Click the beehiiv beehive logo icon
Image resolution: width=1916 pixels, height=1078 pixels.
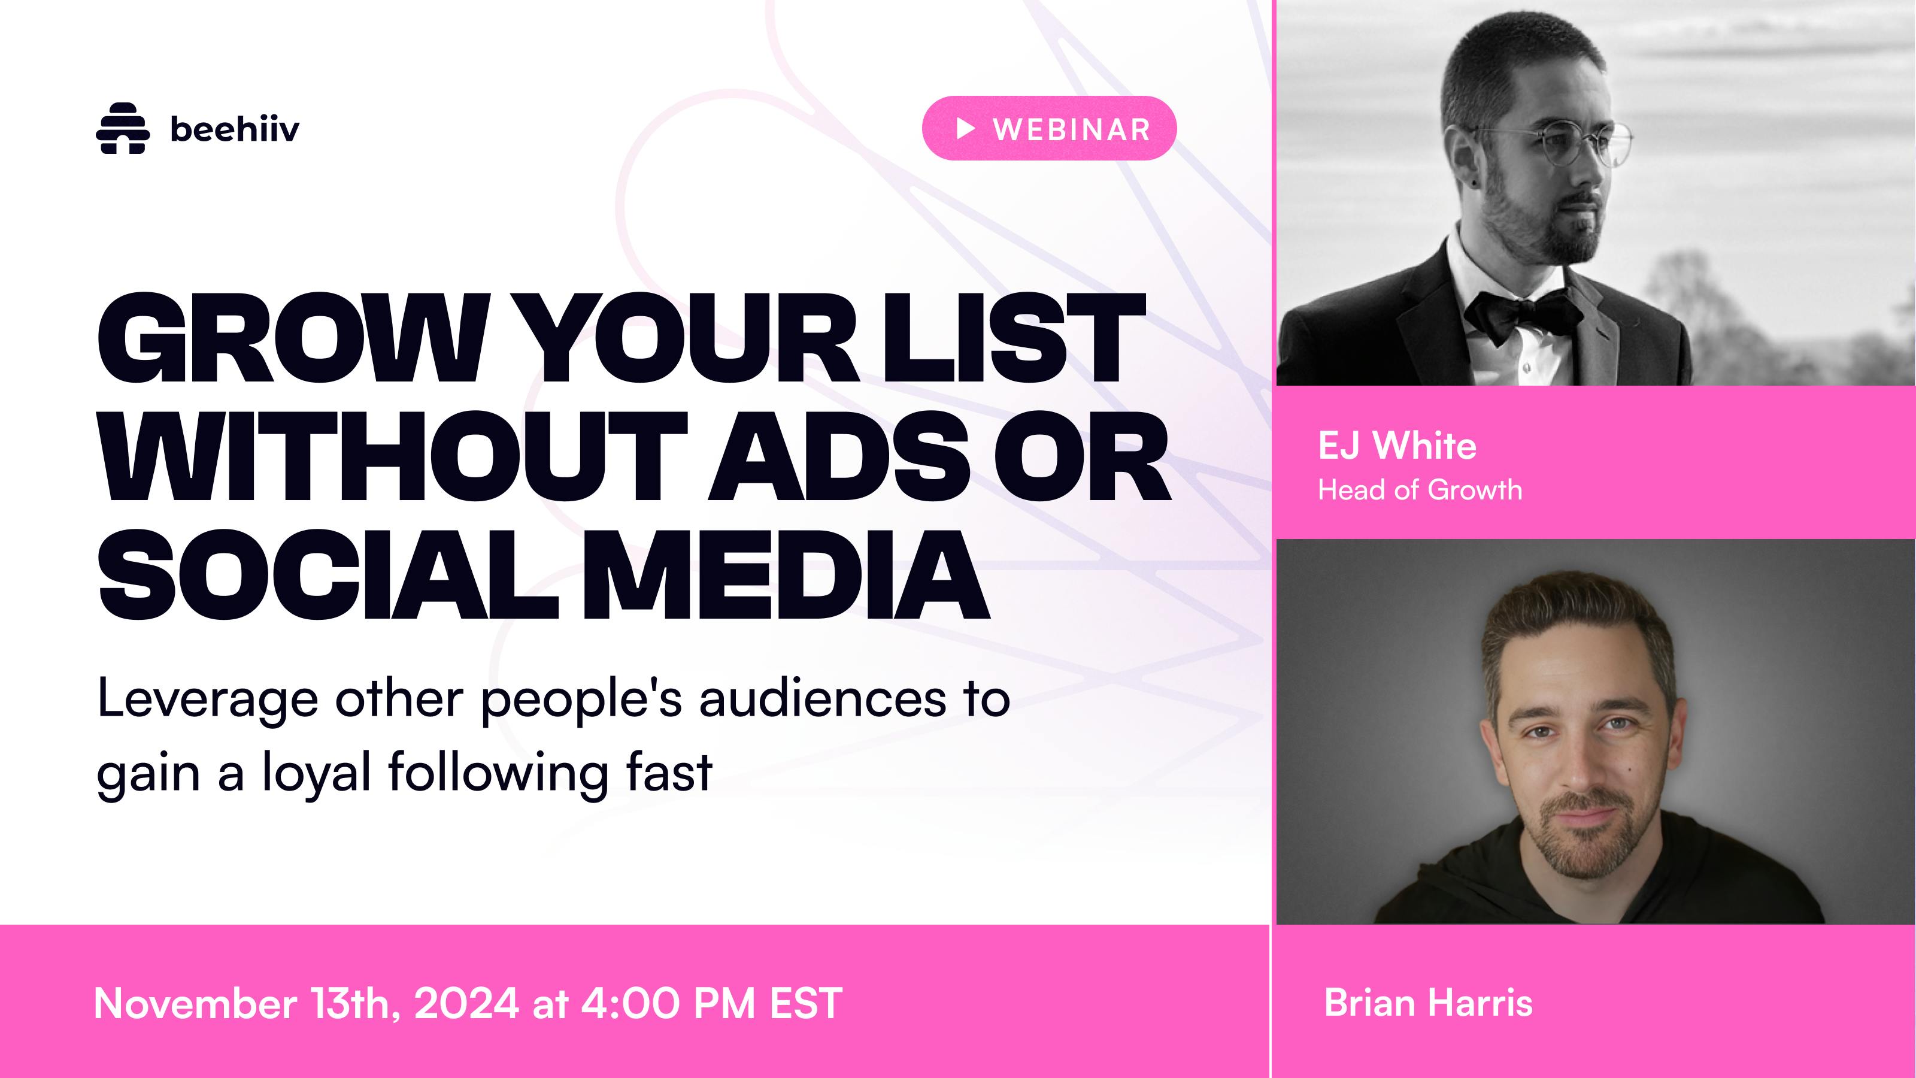tap(123, 129)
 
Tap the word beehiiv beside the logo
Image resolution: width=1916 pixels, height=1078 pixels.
tap(235, 129)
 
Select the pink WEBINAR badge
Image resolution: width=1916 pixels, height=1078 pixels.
tap(1050, 129)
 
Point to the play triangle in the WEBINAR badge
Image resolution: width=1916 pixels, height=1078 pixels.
tap(965, 129)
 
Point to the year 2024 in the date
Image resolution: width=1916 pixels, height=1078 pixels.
tap(466, 1004)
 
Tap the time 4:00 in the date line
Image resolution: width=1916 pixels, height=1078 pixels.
tap(630, 1004)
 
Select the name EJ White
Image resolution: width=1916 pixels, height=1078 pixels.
tap(1397, 446)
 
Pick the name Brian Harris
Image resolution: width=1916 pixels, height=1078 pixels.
tap(1428, 1003)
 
